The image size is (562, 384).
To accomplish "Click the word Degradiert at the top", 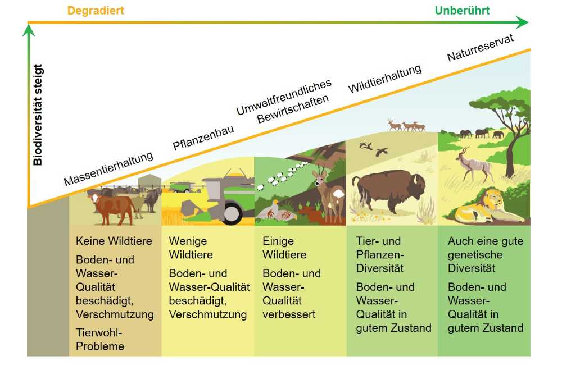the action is [x=96, y=11].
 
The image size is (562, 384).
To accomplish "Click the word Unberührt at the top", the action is [x=462, y=10].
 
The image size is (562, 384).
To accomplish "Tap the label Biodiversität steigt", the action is [x=38, y=115].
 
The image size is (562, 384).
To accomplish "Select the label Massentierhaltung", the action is [x=108, y=168].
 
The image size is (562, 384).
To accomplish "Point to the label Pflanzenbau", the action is [x=203, y=138].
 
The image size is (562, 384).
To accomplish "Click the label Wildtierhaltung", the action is [x=384, y=79].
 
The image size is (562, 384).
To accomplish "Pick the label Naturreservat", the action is [x=481, y=48].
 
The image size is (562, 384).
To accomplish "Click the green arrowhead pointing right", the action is [x=522, y=22].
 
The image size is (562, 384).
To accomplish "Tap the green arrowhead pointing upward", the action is [x=29, y=30].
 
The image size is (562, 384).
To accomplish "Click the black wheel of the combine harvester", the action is [x=231, y=213].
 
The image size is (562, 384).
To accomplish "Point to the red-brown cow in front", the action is [x=112, y=208].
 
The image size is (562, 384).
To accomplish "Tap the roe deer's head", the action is [x=320, y=177].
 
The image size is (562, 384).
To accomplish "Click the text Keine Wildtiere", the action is [x=114, y=241].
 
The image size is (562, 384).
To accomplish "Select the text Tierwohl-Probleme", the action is [x=99, y=339].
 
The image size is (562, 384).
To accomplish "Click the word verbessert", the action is [x=289, y=314].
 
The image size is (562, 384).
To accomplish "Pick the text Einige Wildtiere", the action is [x=284, y=248].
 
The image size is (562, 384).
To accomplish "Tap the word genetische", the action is [x=475, y=255].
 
